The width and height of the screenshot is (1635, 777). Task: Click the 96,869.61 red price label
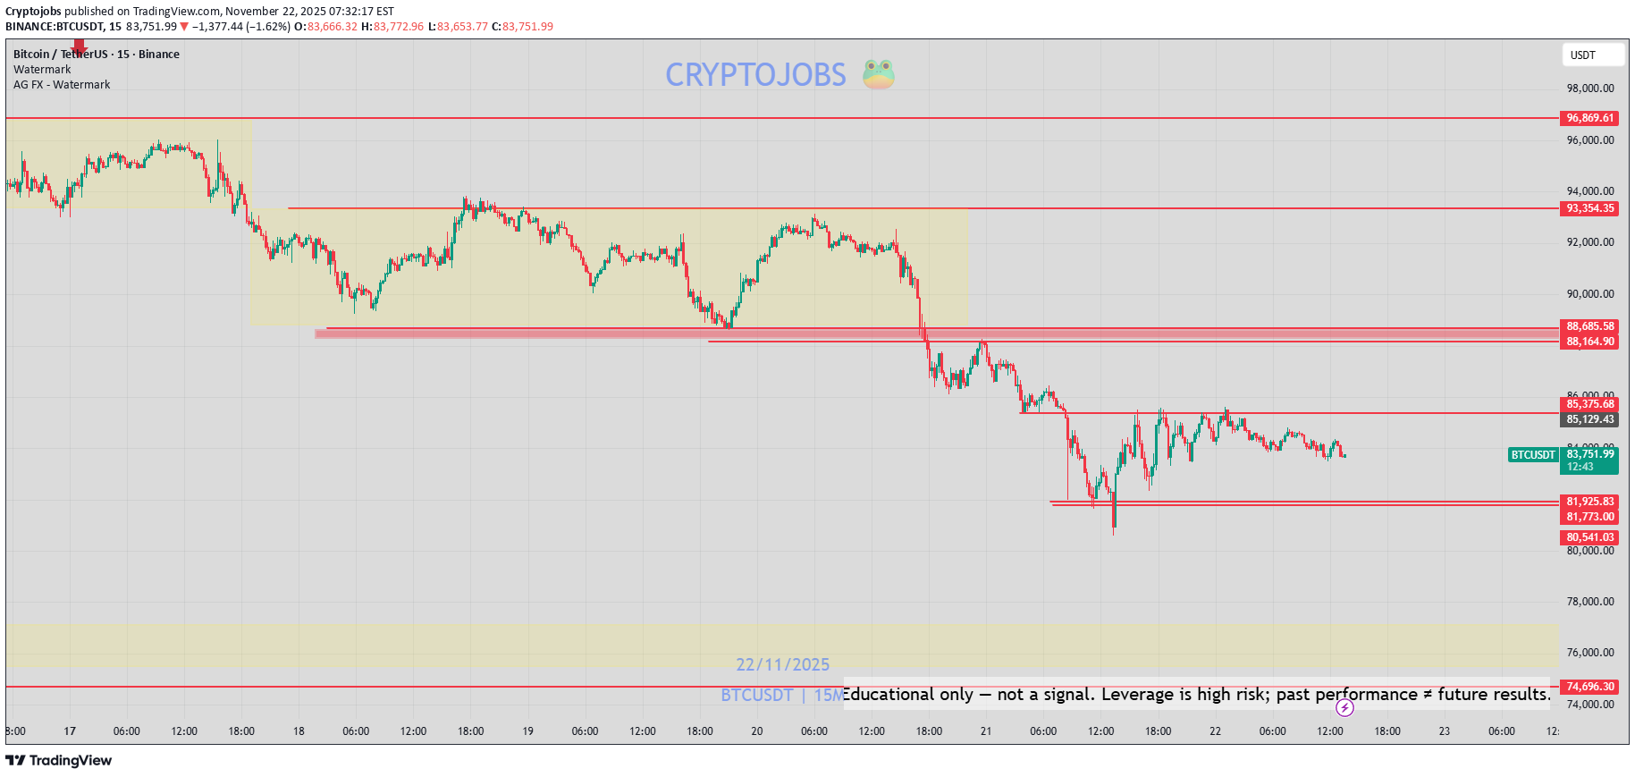1589,118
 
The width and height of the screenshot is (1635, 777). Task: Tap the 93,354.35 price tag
1589,208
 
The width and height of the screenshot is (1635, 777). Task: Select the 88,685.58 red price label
1589,326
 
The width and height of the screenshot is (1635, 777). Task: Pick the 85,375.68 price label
1589,404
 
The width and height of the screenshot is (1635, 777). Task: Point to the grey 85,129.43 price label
1589,419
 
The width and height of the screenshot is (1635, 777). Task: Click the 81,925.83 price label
1589,502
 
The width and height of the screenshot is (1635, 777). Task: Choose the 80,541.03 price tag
1589,537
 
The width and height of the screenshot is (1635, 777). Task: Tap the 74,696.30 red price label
1589,687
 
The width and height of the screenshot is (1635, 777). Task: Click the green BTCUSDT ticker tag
1532,455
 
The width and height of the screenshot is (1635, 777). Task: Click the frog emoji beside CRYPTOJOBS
878,74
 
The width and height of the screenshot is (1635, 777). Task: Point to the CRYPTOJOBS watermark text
755,75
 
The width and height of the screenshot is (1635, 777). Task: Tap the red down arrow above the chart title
80,46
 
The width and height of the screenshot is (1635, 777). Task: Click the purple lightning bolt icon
1344,708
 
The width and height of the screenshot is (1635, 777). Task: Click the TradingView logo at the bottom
59,760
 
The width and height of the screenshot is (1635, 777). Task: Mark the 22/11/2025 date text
782,664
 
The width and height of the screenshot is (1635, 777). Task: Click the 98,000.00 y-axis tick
1589,89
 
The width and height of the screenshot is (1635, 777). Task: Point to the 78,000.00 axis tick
1589,602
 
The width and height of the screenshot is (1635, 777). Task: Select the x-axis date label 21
985,731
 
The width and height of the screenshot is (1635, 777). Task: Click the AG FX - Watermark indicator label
62,85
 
